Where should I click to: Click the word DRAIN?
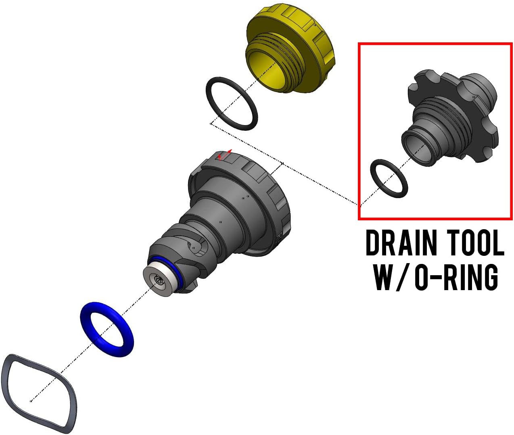(x=401, y=243)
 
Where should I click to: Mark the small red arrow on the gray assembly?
(x=224, y=155)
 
